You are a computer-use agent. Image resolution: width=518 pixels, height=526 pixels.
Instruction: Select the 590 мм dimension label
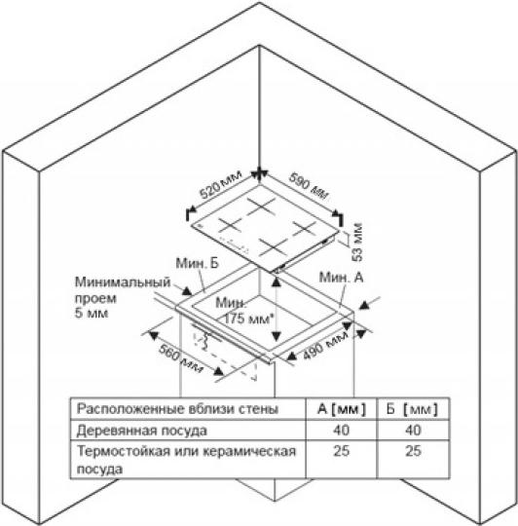pyautogui.click(x=309, y=186)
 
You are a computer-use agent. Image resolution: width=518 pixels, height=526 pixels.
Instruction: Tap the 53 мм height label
pyautogui.click(x=357, y=242)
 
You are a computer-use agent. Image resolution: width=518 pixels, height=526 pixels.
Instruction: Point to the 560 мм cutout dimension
pyautogui.click(x=181, y=358)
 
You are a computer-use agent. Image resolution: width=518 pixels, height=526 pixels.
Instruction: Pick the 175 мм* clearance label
pyautogui.click(x=246, y=319)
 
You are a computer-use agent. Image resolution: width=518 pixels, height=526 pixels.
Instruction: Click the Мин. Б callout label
pyautogui.click(x=197, y=263)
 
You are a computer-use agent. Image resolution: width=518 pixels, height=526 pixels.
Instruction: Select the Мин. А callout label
pyautogui.click(x=341, y=278)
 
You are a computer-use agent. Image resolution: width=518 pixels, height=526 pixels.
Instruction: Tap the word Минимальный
pyautogui.click(x=123, y=282)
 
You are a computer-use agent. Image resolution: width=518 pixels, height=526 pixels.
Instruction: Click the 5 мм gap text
pyautogui.click(x=92, y=314)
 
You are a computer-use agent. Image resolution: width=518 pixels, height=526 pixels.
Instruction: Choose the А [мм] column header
pyautogui.click(x=342, y=409)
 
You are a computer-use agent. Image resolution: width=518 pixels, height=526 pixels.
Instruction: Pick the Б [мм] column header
pyautogui.click(x=412, y=409)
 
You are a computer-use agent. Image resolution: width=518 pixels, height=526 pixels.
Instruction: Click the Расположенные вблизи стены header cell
pyautogui.click(x=177, y=409)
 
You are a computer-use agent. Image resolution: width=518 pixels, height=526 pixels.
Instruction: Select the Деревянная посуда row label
pyautogui.click(x=142, y=431)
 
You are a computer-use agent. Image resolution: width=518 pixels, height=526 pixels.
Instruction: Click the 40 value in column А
pyautogui.click(x=342, y=431)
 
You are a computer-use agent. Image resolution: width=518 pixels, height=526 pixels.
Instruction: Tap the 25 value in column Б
pyautogui.click(x=413, y=451)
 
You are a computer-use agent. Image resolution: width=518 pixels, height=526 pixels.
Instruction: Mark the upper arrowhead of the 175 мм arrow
pyautogui.click(x=276, y=282)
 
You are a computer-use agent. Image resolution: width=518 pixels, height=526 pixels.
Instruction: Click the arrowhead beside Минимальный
pyautogui.click(x=187, y=291)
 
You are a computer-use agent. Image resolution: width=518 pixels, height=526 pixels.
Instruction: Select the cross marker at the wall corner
pyautogui.click(x=259, y=173)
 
